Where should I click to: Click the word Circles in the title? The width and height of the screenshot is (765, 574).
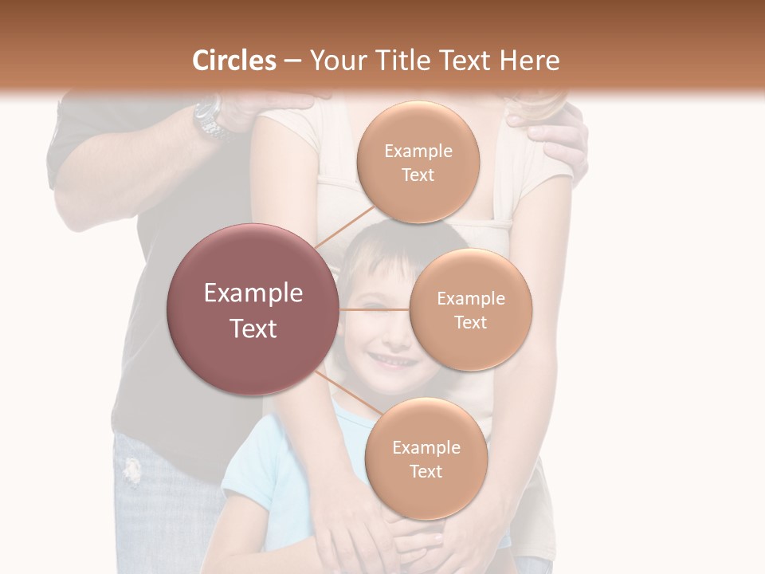pos(233,61)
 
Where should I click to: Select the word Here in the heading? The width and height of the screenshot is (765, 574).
pos(529,61)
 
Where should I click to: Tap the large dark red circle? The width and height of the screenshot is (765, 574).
pos(253,309)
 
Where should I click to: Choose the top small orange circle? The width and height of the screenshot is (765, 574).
pos(418,163)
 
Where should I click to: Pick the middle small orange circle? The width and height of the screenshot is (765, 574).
pos(470,309)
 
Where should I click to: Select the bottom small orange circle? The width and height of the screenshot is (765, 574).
pos(426,458)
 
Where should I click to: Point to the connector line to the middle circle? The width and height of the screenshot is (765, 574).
pos(375,309)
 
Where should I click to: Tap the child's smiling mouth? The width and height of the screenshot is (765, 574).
pos(390,361)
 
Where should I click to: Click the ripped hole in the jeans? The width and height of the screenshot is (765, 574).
pos(131,470)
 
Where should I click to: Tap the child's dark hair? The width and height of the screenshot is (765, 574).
pos(398,243)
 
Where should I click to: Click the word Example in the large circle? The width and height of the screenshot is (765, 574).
pos(253,293)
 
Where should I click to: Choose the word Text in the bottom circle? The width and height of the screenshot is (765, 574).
pos(426,471)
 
